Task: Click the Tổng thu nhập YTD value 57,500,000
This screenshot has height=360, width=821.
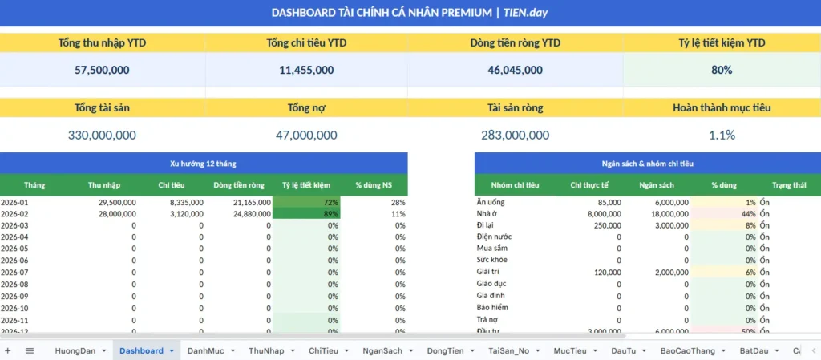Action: pyautogui.click(x=102, y=71)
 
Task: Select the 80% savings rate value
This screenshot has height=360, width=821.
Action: pyautogui.click(x=721, y=71)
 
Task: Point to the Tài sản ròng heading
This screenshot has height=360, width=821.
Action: pyautogui.click(x=515, y=107)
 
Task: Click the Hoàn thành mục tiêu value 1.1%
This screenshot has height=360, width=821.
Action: pyautogui.click(x=721, y=136)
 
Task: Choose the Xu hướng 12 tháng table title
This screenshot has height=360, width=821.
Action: pyautogui.click(x=203, y=163)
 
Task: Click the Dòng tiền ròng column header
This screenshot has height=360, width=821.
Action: pyautogui.click(x=238, y=185)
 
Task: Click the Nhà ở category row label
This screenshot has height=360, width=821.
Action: pyautogui.click(x=490, y=214)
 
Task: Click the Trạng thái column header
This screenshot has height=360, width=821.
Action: pyautogui.click(x=788, y=185)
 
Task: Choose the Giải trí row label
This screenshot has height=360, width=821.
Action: pyautogui.click(x=490, y=273)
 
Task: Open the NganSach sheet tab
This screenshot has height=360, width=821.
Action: pyautogui.click(x=382, y=351)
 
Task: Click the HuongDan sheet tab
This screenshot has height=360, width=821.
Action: pyautogui.click(x=75, y=351)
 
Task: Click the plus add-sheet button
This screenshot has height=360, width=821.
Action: pyautogui.click(x=8, y=351)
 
